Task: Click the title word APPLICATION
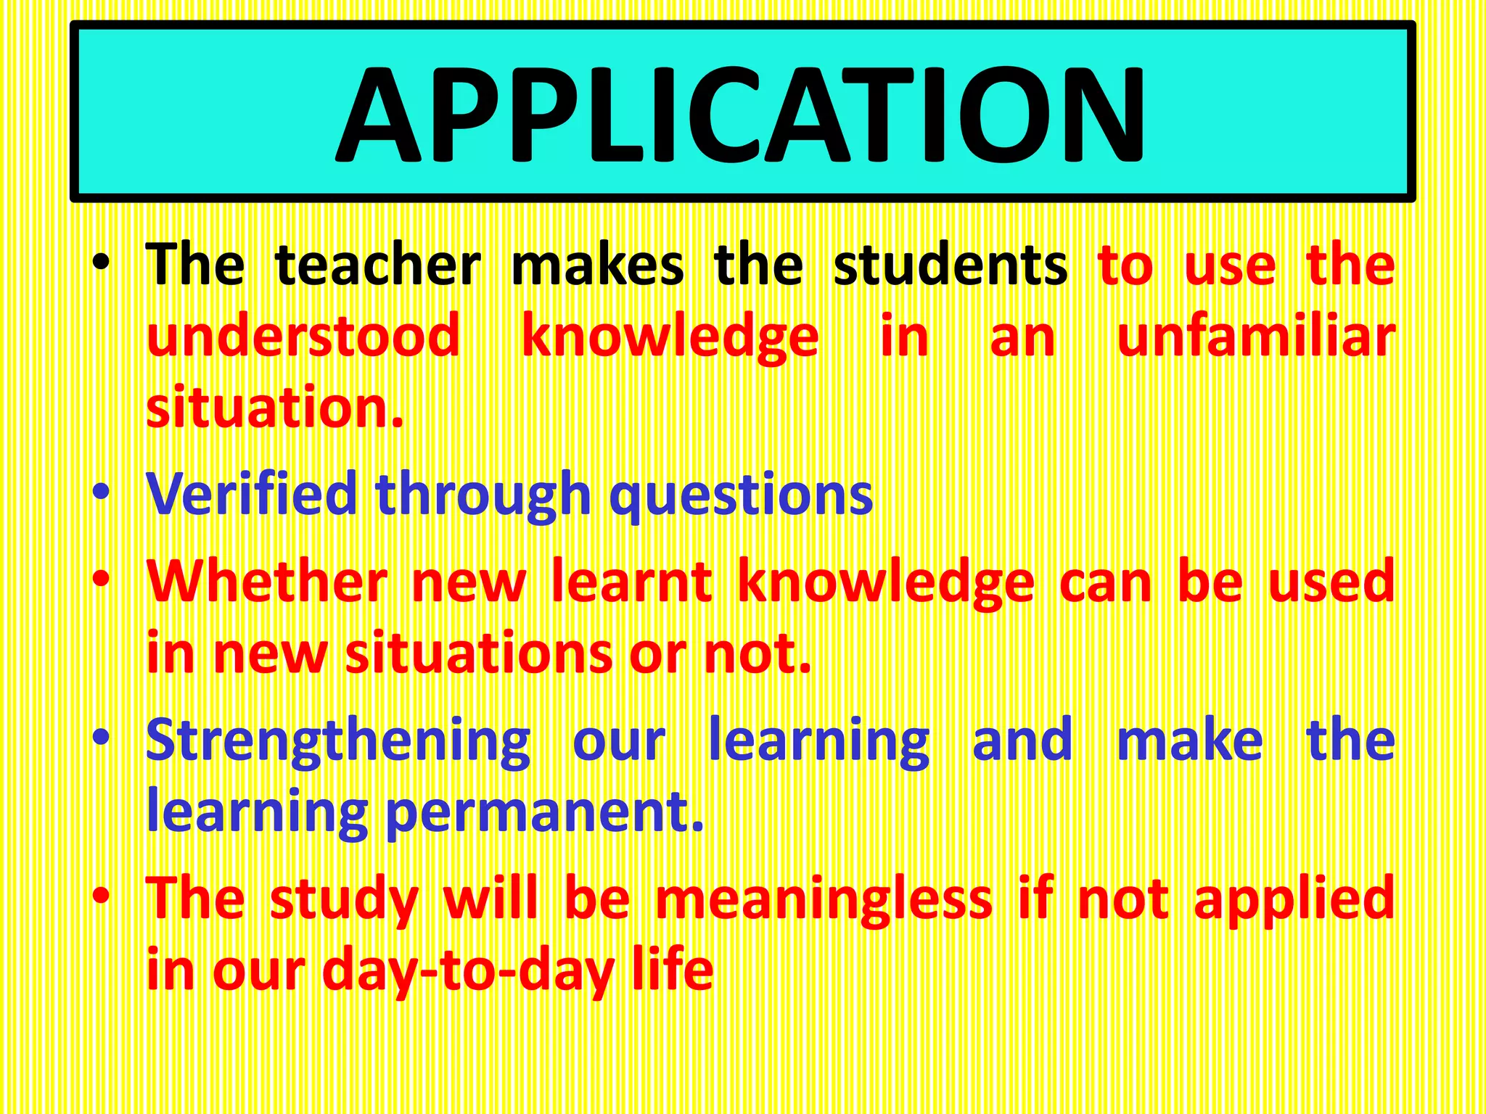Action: (x=740, y=115)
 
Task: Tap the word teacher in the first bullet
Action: (x=378, y=265)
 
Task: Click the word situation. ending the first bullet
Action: (x=274, y=408)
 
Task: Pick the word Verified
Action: (x=251, y=494)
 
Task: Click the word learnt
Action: (x=631, y=582)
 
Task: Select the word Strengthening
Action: (x=338, y=741)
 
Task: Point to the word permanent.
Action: (x=544, y=813)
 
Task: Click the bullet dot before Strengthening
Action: (x=101, y=738)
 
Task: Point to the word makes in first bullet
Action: (x=597, y=265)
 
